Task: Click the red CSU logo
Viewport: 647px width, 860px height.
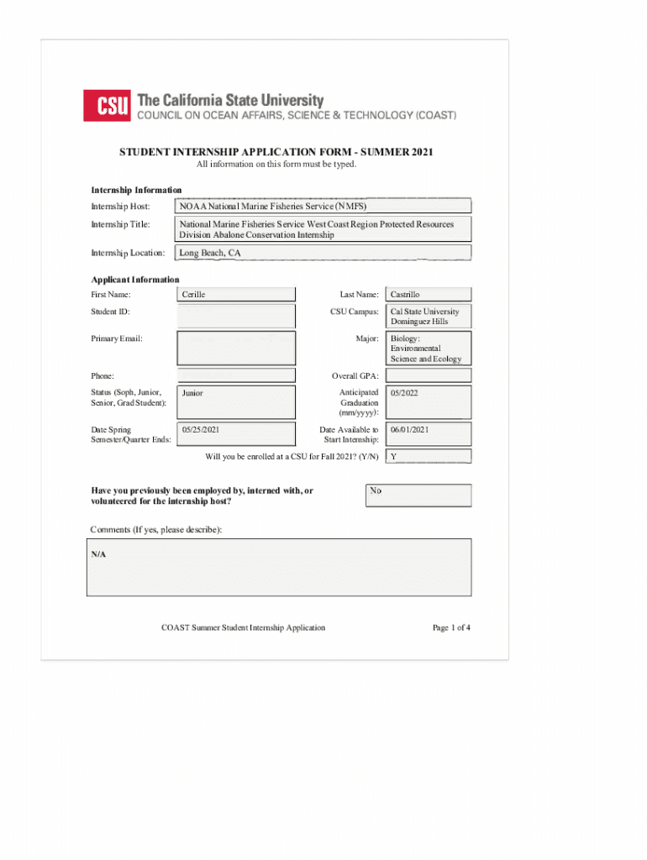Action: [x=106, y=105]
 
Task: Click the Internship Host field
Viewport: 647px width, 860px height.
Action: [x=323, y=206]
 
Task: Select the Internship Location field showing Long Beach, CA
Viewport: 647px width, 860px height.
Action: [x=323, y=253]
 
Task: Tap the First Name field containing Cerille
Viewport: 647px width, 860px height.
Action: [x=236, y=295]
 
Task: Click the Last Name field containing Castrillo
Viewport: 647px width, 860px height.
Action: [x=429, y=295]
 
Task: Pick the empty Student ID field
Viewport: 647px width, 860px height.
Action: [x=236, y=316]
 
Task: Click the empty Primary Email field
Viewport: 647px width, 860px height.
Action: [x=236, y=348]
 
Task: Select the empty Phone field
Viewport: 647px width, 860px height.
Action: [x=236, y=375]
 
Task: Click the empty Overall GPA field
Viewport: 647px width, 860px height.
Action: [x=429, y=375]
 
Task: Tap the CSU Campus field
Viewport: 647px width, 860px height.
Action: [x=429, y=317]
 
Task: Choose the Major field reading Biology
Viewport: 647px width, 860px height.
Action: [x=429, y=348]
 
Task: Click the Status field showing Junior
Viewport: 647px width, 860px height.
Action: [x=236, y=401]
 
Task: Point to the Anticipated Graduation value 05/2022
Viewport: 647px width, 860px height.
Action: [x=404, y=393]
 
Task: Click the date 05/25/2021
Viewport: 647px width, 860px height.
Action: [x=201, y=430]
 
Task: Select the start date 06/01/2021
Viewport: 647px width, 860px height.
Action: [x=410, y=430]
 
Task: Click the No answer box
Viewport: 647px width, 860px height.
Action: [x=418, y=496]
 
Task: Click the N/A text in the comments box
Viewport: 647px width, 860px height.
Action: [x=99, y=554]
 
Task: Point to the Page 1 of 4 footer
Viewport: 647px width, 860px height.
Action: [x=451, y=627]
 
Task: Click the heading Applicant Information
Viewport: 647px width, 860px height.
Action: [x=135, y=280]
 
